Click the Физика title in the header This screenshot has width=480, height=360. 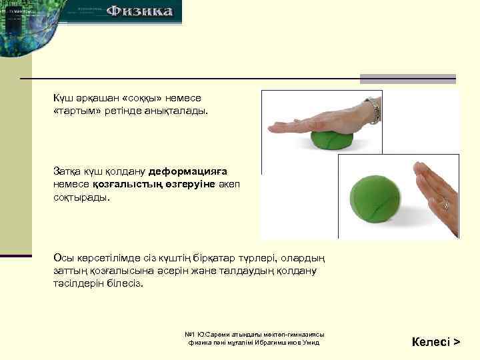pos(140,11)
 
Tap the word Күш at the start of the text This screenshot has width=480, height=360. pos(63,99)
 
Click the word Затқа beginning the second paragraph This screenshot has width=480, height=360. pos(67,171)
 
